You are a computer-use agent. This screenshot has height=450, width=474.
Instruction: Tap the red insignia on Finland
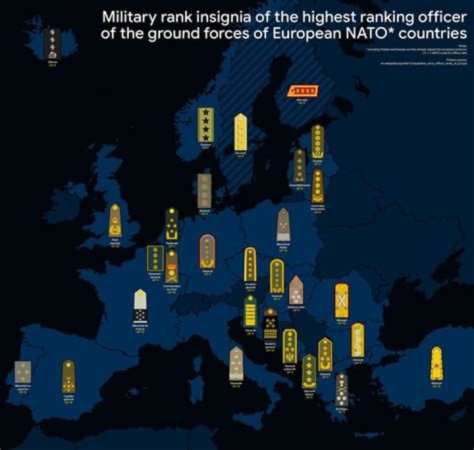click(x=304, y=90)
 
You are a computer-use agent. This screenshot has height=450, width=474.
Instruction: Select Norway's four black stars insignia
click(x=205, y=124)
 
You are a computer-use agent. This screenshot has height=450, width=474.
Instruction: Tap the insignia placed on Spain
click(x=68, y=376)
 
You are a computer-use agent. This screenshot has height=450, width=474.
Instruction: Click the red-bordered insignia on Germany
click(x=207, y=251)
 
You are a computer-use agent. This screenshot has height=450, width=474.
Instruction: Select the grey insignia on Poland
click(x=283, y=226)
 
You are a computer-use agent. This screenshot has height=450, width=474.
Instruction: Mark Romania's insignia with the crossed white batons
click(x=341, y=299)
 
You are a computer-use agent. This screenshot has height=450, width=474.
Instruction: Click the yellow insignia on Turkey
click(x=436, y=362)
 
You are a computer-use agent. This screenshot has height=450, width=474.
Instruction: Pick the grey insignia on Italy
click(x=236, y=363)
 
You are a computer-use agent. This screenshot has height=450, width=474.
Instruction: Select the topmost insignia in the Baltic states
click(x=317, y=141)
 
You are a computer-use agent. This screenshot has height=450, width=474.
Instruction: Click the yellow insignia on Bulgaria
click(x=357, y=339)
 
